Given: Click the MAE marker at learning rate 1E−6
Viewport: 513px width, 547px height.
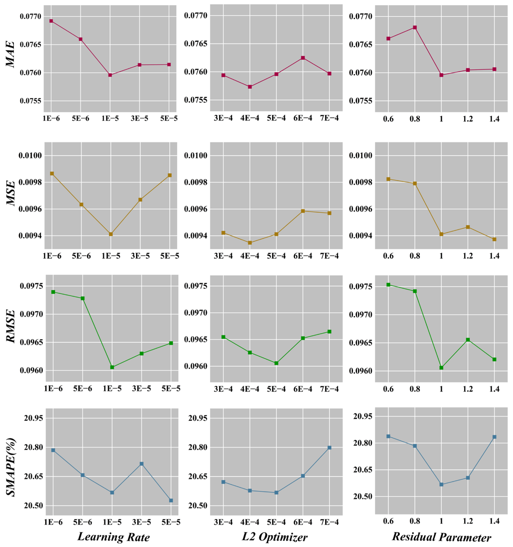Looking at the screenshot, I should [51, 21].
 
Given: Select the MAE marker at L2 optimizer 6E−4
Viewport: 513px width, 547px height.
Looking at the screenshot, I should [303, 58].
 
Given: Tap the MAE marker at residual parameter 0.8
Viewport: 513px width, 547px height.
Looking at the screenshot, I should [415, 27].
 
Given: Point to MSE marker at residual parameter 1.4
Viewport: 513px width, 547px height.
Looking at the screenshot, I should [494, 239].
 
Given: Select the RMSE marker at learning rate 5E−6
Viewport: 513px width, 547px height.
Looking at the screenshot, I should [82, 298].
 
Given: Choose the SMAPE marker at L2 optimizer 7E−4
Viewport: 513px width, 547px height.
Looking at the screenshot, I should [329, 448].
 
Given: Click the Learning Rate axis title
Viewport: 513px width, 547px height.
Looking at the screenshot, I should [114, 537].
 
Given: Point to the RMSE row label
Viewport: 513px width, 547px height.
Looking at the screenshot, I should [11, 326].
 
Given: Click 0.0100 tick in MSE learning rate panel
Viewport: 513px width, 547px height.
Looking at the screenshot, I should [30, 156].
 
